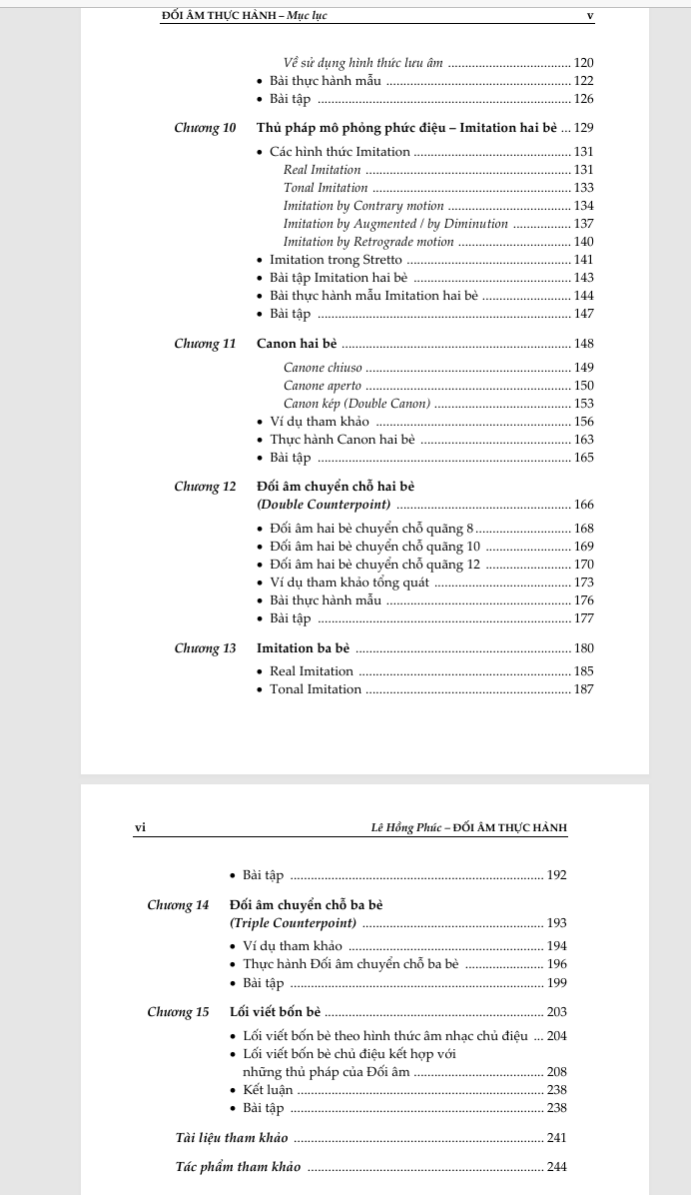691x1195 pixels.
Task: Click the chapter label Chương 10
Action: (x=205, y=128)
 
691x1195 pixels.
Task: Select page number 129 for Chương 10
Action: (x=584, y=128)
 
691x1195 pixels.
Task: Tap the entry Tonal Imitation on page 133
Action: (x=326, y=188)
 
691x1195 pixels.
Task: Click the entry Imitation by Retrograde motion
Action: (x=368, y=242)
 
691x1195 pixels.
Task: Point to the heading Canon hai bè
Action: (x=297, y=344)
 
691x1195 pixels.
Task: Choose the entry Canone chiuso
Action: (x=323, y=368)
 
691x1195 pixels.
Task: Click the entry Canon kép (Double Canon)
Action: (x=356, y=404)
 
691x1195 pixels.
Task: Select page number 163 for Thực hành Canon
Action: (x=584, y=440)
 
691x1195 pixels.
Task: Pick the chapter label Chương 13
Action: (x=205, y=648)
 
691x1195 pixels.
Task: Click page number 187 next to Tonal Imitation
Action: (x=584, y=689)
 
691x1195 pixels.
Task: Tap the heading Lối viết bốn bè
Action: (x=275, y=1012)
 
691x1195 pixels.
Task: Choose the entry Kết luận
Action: (x=268, y=1090)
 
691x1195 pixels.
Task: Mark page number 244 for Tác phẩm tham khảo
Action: (x=557, y=1167)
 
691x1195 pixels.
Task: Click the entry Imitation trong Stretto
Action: (x=336, y=260)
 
